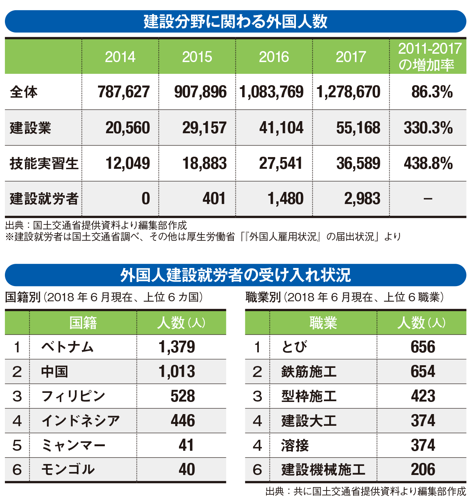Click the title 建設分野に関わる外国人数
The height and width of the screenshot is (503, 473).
[235, 22]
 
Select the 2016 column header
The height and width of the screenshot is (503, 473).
[274, 57]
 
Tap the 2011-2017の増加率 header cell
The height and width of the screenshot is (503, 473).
[428, 57]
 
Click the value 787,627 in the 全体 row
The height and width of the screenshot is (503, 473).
[124, 92]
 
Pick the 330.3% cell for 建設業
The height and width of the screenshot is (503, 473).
[428, 128]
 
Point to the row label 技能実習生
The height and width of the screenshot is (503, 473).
[44, 164]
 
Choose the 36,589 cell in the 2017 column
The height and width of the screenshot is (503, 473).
[358, 164]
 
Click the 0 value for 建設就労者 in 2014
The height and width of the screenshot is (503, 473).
[146, 199]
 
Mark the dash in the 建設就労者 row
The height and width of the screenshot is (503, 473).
[428, 199]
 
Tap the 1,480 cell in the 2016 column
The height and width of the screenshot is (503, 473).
[286, 199]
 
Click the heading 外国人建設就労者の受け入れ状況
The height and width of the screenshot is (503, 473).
[235, 275]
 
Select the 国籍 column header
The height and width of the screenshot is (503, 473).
[83, 323]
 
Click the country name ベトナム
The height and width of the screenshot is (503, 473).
[67, 347]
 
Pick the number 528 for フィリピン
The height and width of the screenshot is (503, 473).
[183, 396]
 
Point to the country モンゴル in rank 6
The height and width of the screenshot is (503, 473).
[68, 470]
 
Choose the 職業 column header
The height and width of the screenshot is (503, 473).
[323, 323]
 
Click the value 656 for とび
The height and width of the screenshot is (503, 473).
[423, 347]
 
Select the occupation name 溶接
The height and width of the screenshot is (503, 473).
[295, 445]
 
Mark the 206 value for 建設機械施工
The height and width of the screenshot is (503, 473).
[423, 470]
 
